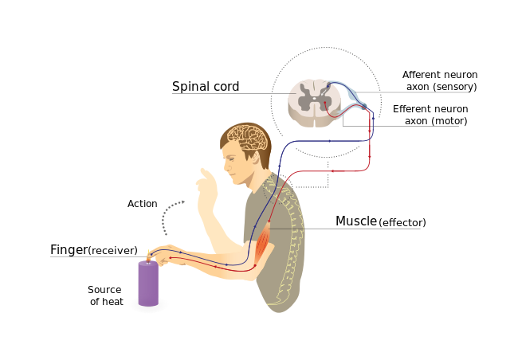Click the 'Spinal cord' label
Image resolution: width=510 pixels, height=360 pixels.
[206, 86]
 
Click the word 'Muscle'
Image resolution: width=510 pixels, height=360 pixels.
[356, 221]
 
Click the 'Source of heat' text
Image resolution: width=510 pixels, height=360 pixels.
[105, 295]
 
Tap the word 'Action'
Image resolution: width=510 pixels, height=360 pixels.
[143, 204]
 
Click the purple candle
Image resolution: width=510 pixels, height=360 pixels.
[148, 284]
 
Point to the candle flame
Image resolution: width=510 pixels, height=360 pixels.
[147, 256]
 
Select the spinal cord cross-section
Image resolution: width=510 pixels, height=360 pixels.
[314, 101]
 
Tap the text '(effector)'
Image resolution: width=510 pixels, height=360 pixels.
[402, 223]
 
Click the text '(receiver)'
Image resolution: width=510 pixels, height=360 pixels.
[112, 251]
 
